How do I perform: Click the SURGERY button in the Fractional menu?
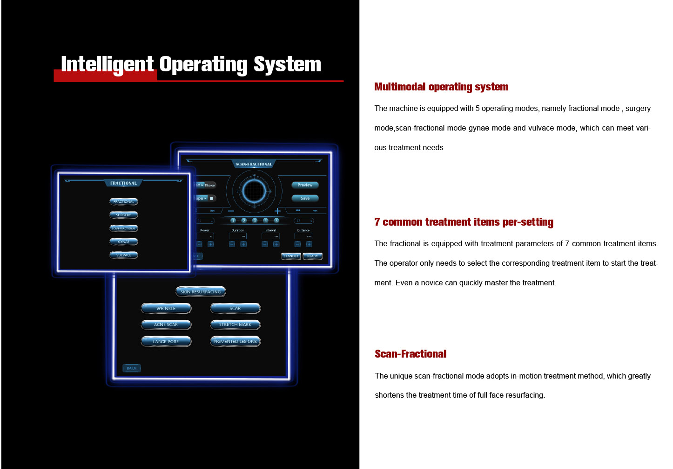124,215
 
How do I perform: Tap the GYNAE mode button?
124,241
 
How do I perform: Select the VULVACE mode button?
124,255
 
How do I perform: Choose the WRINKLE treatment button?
166,308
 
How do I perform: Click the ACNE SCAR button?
166,324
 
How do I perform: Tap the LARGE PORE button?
166,341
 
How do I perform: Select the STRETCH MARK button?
235,324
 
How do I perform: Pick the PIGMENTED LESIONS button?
235,341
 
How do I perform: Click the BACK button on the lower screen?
132,368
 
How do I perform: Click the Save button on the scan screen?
305,198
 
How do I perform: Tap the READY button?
312,256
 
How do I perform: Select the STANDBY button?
291,256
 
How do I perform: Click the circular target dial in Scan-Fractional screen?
254,191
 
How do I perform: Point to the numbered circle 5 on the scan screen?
276,221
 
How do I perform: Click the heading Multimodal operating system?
441,87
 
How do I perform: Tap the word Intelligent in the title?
107,64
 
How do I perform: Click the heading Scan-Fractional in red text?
411,354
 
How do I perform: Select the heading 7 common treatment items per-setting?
464,222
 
